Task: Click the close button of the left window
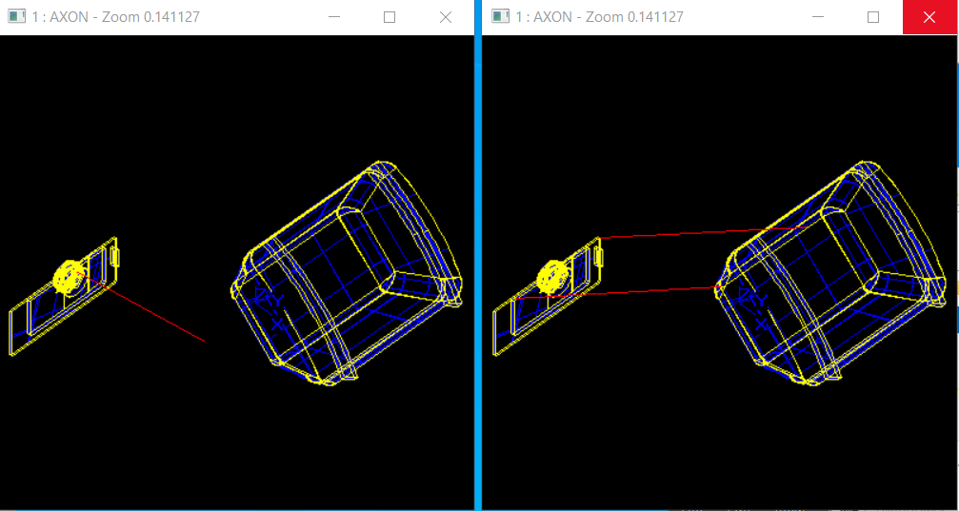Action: [446, 17]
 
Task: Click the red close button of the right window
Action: [929, 17]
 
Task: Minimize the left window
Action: [334, 17]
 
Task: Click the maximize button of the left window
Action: [390, 17]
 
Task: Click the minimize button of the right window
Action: [817, 17]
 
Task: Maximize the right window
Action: [873, 17]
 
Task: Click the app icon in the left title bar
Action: [16, 16]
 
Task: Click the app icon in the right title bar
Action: [500, 16]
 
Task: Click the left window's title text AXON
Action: [70, 17]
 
